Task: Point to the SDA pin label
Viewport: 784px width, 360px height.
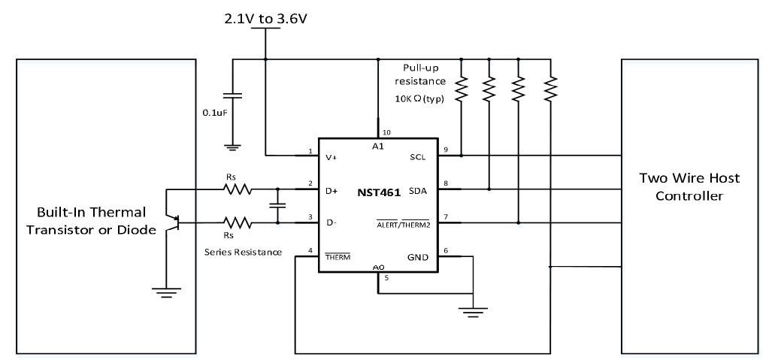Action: pos(416,191)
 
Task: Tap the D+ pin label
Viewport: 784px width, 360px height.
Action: pos(331,191)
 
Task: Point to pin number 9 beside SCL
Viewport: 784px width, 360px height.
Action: pos(445,149)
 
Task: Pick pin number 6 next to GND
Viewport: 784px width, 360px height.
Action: pos(445,251)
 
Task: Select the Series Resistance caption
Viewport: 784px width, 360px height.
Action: pos(242,253)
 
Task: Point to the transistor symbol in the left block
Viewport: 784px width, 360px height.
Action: pos(177,222)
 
